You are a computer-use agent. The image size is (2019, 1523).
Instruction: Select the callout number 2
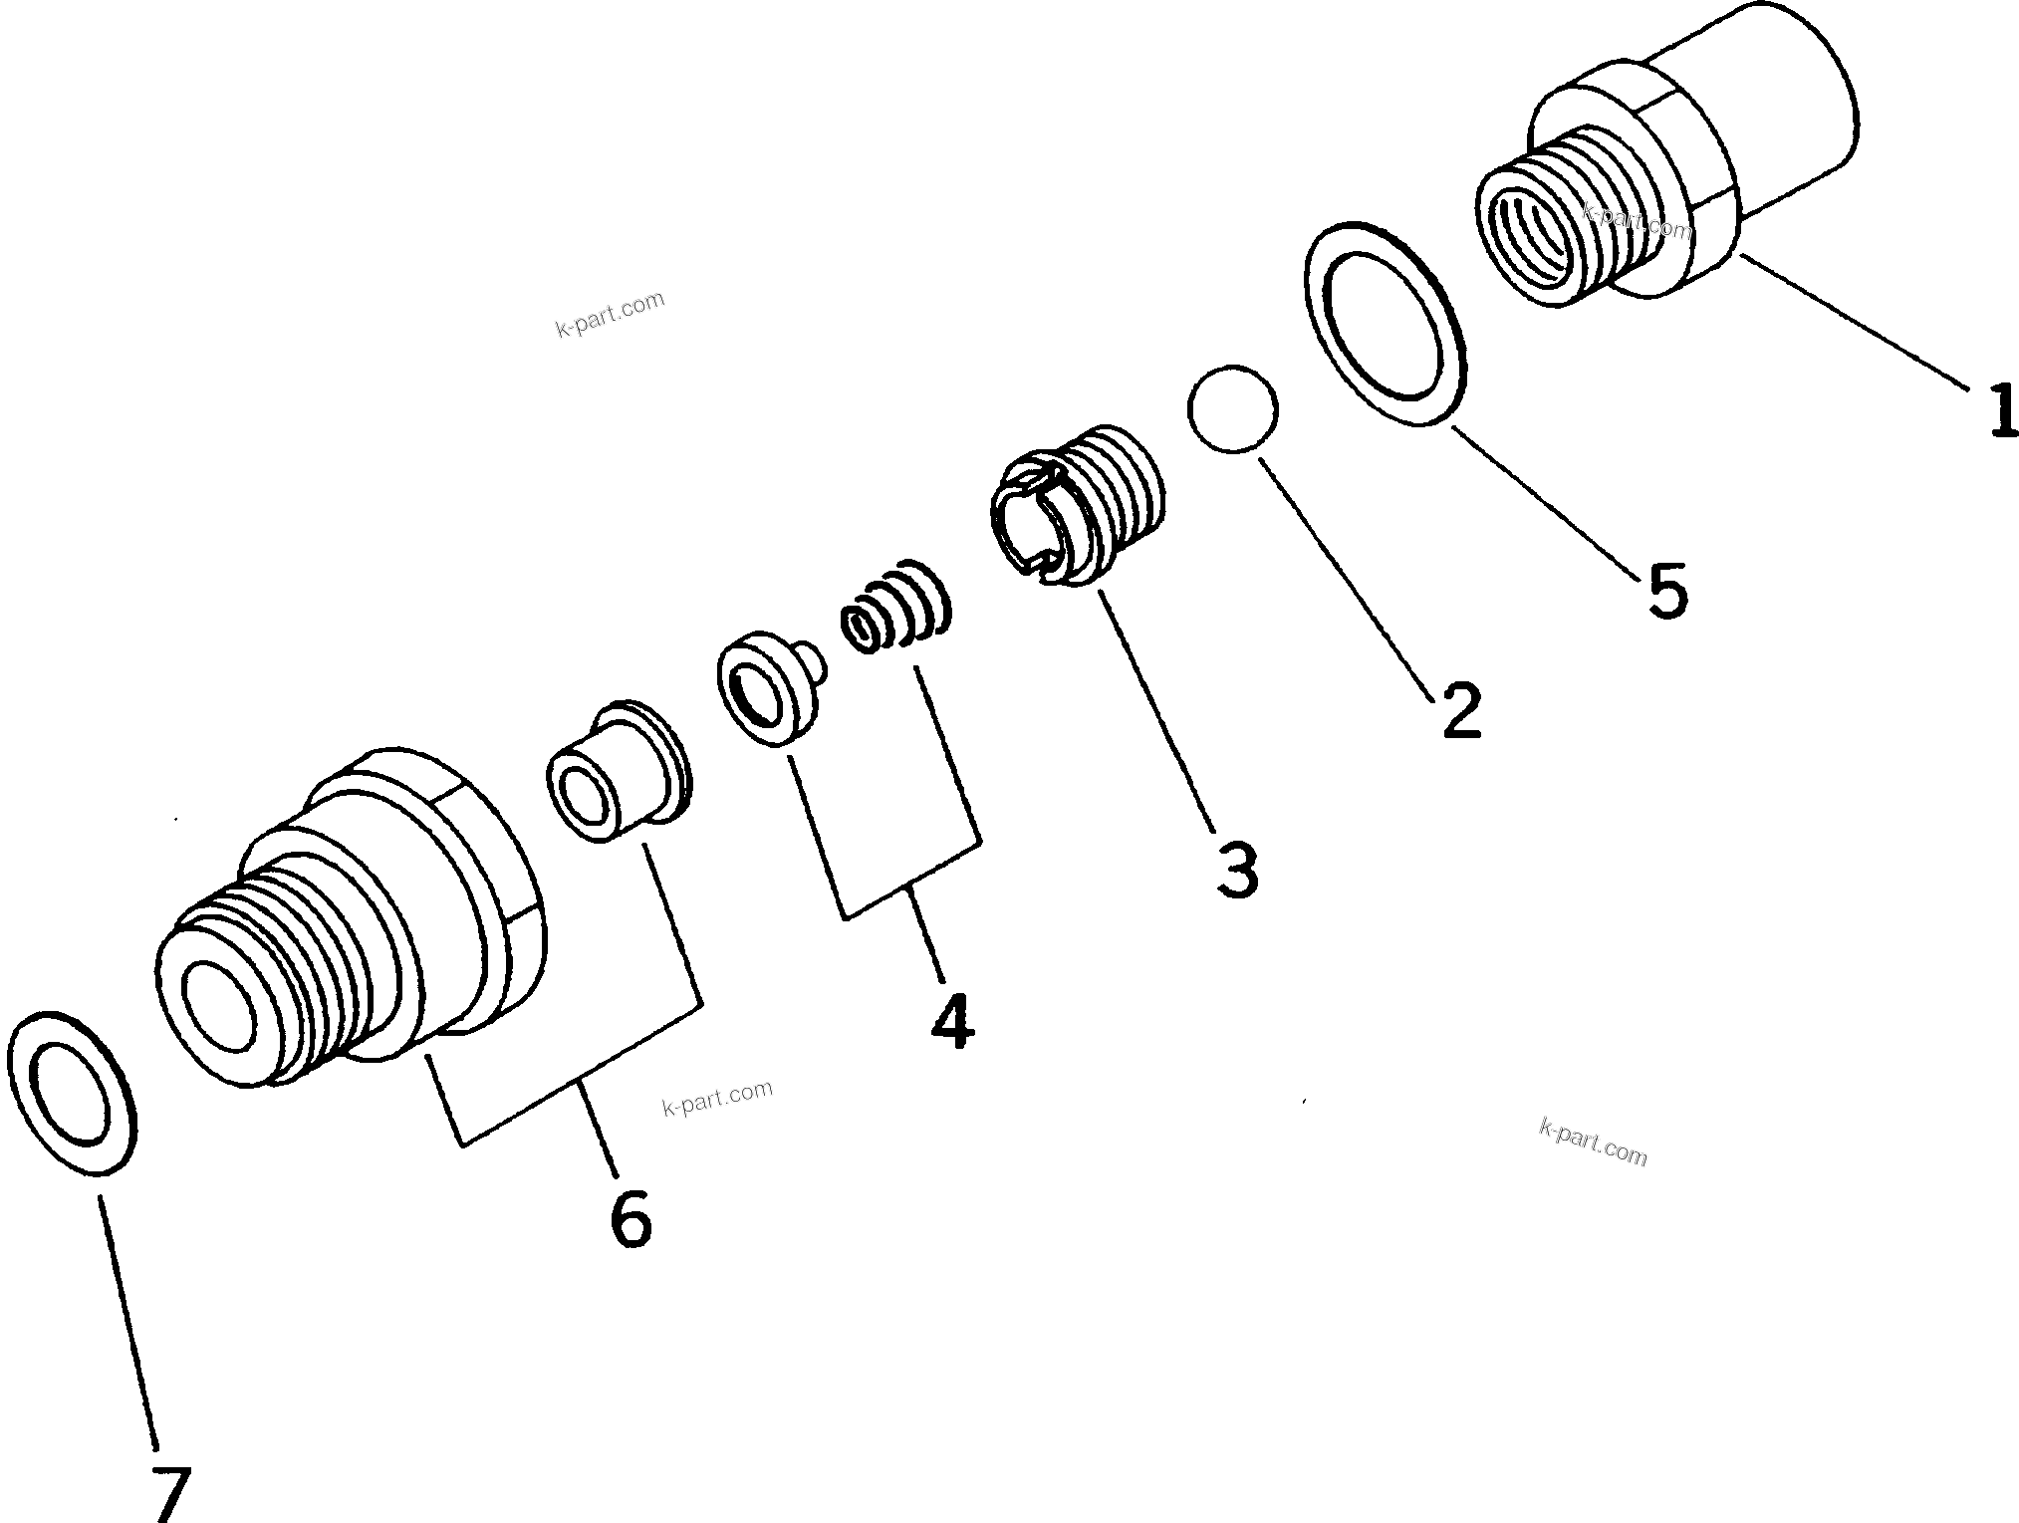(x=1461, y=709)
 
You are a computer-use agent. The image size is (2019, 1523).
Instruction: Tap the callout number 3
(x=1237, y=869)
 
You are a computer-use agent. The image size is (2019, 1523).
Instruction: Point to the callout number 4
(x=951, y=1021)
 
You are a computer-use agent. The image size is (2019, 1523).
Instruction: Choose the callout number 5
(x=1667, y=590)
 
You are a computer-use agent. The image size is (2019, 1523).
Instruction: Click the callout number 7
(x=170, y=1490)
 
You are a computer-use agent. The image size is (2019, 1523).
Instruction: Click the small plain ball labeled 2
(x=1232, y=409)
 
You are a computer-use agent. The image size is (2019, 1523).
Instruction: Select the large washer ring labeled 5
(x=1385, y=324)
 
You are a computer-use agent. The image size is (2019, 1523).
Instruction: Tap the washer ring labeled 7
(x=71, y=1093)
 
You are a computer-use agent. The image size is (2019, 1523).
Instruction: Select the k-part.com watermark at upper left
(x=610, y=313)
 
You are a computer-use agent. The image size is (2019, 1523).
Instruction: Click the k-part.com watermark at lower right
(x=1593, y=1142)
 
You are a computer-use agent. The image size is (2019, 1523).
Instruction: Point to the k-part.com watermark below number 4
(x=717, y=1097)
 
